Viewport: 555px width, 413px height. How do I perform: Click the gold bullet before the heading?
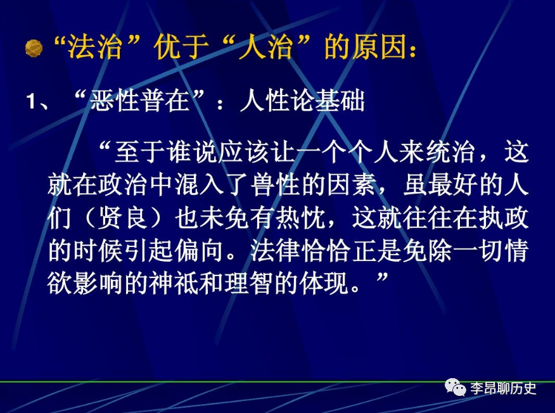[34, 49]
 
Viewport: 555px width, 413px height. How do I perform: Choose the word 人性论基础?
[302, 101]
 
